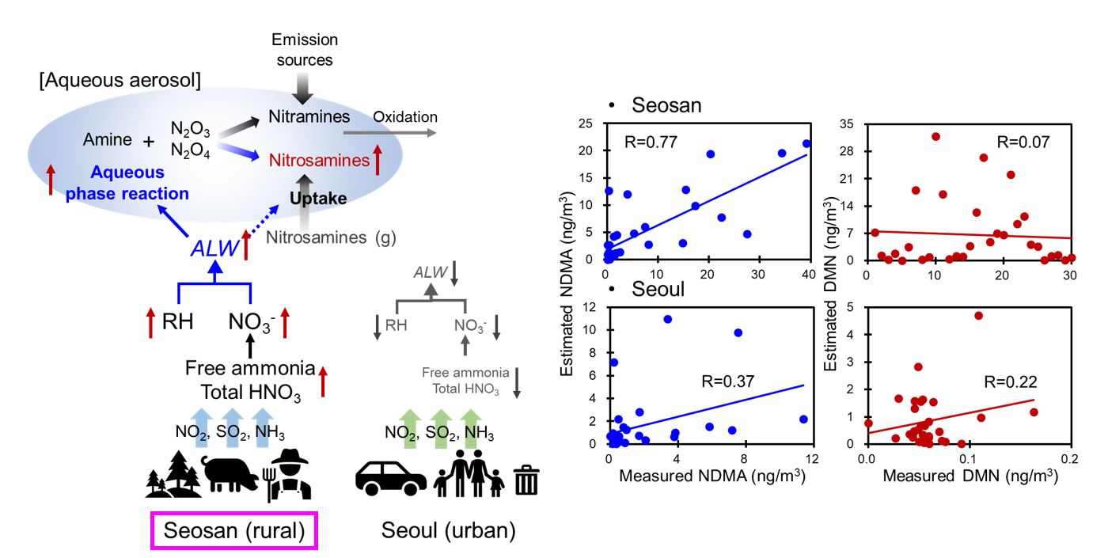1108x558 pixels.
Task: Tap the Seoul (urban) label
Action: coord(448,530)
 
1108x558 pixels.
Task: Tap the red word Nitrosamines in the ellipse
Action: coord(319,161)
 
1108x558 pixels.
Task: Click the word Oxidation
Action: coord(404,117)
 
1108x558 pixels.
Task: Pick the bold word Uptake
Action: coord(317,198)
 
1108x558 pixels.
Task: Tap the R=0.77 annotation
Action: coord(647,143)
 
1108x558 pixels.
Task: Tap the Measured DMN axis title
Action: coord(968,476)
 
